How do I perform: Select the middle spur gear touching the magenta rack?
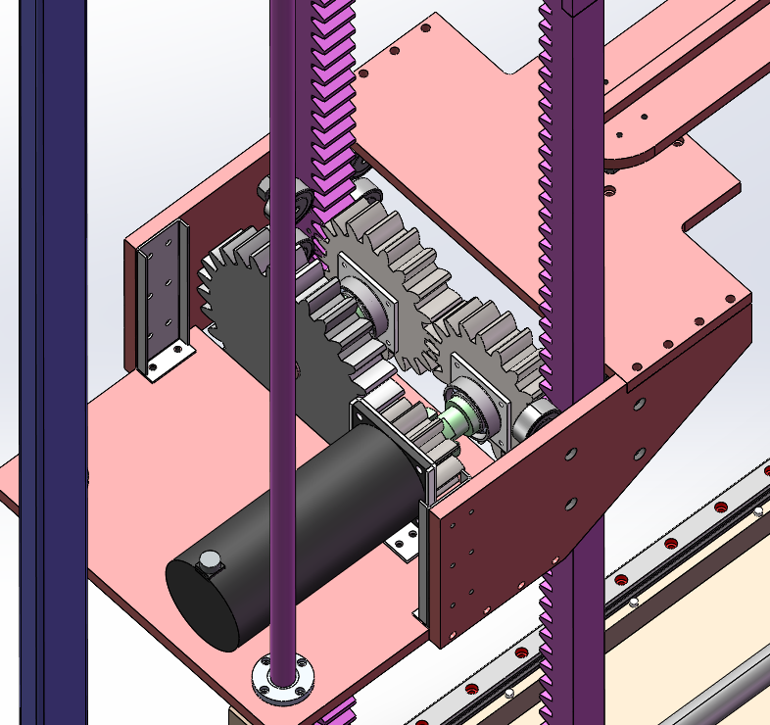pos(382,284)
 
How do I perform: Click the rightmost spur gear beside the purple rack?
pos(490,362)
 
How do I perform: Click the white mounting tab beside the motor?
pos(403,540)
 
